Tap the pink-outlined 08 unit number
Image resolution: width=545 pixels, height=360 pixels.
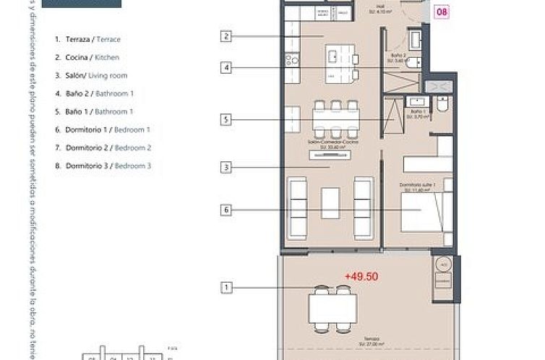pyautogui.click(x=440, y=12)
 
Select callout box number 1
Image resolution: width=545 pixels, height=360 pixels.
pyautogui.click(x=227, y=288)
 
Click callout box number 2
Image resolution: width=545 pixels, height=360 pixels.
pyautogui.click(x=227, y=36)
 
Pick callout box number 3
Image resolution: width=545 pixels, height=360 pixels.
pyautogui.click(x=227, y=168)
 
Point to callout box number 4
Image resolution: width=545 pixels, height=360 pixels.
pyautogui.click(x=227, y=68)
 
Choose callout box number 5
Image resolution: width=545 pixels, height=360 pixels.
pyautogui.click(x=227, y=119)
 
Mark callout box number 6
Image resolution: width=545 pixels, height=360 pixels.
pyautogui.click(x=227, y=210)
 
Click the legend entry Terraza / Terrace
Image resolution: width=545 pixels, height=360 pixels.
pyautogui.click(x=87, y=39)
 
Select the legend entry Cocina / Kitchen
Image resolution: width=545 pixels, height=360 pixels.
pyautogui.click(x=87, y=57)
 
